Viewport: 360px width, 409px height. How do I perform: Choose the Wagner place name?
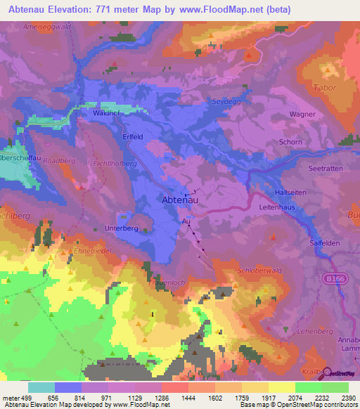tap(302, 113)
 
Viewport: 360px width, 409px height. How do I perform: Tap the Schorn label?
tap(290, 142)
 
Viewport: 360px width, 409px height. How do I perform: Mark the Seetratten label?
tap(325, 169)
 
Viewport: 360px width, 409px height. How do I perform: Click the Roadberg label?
tap(58, 160)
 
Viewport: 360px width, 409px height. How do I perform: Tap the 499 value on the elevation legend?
tap(19, 397)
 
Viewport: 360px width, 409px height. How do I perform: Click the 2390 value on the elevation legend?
tap(349, 397)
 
